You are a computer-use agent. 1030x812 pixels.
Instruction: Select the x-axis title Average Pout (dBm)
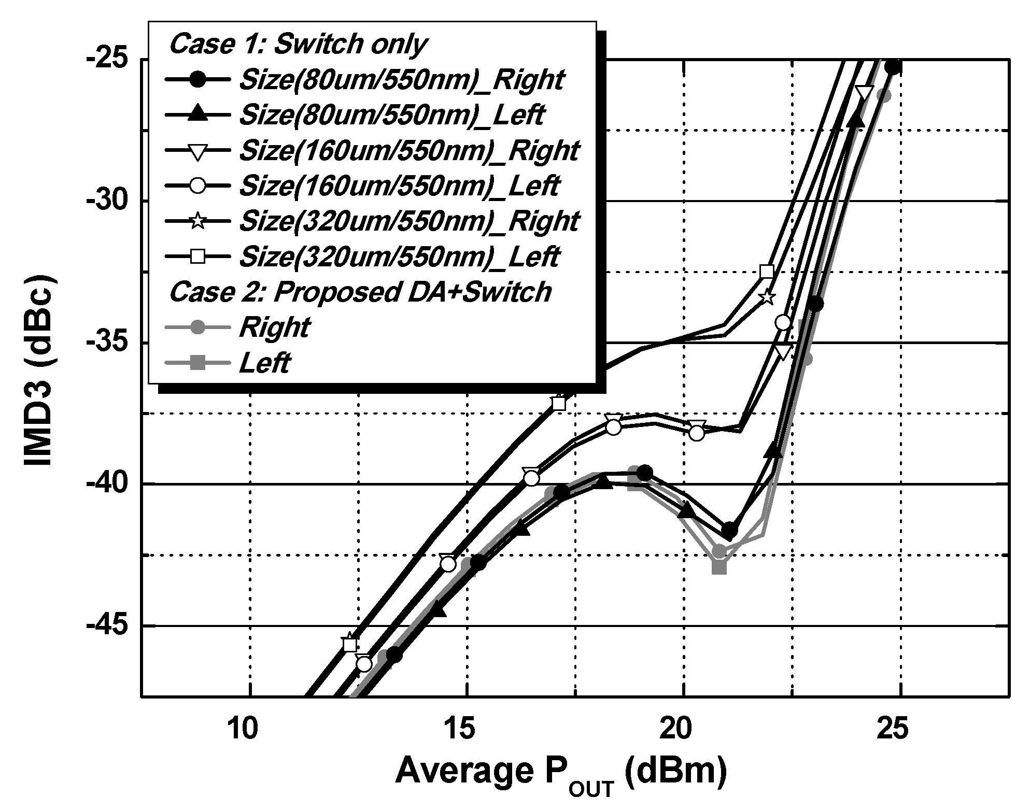click(x=560, y=773)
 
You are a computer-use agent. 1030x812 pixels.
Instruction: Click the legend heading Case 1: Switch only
click(x=298, y=45)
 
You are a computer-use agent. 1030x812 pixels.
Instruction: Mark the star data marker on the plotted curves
click(x=767, y=297)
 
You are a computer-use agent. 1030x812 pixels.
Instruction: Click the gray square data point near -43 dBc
click(x=719, y=567)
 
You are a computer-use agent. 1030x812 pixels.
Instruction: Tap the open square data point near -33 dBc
click(x=767, y=272)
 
